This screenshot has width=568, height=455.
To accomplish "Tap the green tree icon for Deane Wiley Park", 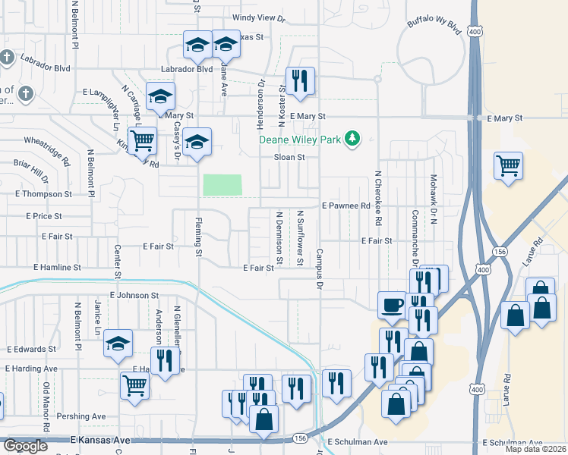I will click(352, 139).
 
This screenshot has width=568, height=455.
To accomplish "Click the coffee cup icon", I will click(392, 305).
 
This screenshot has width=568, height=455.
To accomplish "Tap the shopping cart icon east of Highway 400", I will click(507, 165).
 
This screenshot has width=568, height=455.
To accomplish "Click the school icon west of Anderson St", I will click(118, 344).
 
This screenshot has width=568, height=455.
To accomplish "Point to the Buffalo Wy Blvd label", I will click(434, 29).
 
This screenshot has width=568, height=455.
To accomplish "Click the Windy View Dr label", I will click(259, 17).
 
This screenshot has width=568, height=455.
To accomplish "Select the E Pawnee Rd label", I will click(346, 206).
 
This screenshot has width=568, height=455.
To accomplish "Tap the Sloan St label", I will click(289, 158).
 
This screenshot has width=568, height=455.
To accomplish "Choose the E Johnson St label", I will click(134, 295).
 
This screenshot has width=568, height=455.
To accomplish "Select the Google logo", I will click(24, 446).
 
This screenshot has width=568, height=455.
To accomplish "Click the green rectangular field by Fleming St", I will click(222, 185).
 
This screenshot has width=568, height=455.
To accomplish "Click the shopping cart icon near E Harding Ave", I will click(134, 385).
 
